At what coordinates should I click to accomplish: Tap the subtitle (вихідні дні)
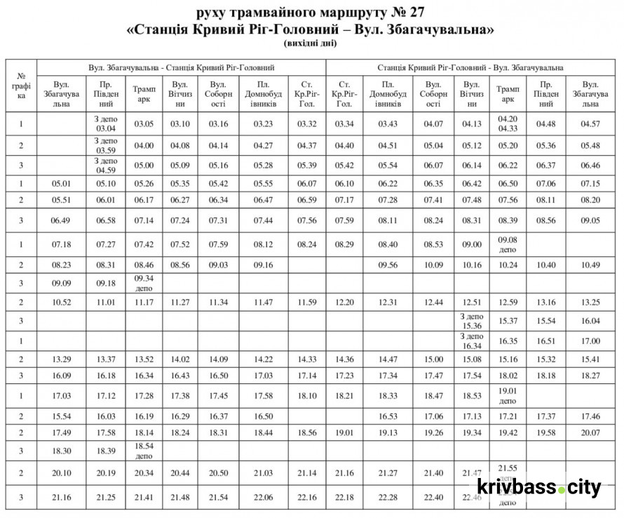[x=311, y=44]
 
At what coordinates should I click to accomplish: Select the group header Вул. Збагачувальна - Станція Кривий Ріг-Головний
[x=181, y=67]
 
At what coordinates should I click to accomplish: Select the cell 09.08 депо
[x=508, y=244]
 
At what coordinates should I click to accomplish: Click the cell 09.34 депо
[x=144, y=283]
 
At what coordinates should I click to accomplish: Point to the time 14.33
[x=306, y=359]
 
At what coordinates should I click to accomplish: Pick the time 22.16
[x=306, y=497]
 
